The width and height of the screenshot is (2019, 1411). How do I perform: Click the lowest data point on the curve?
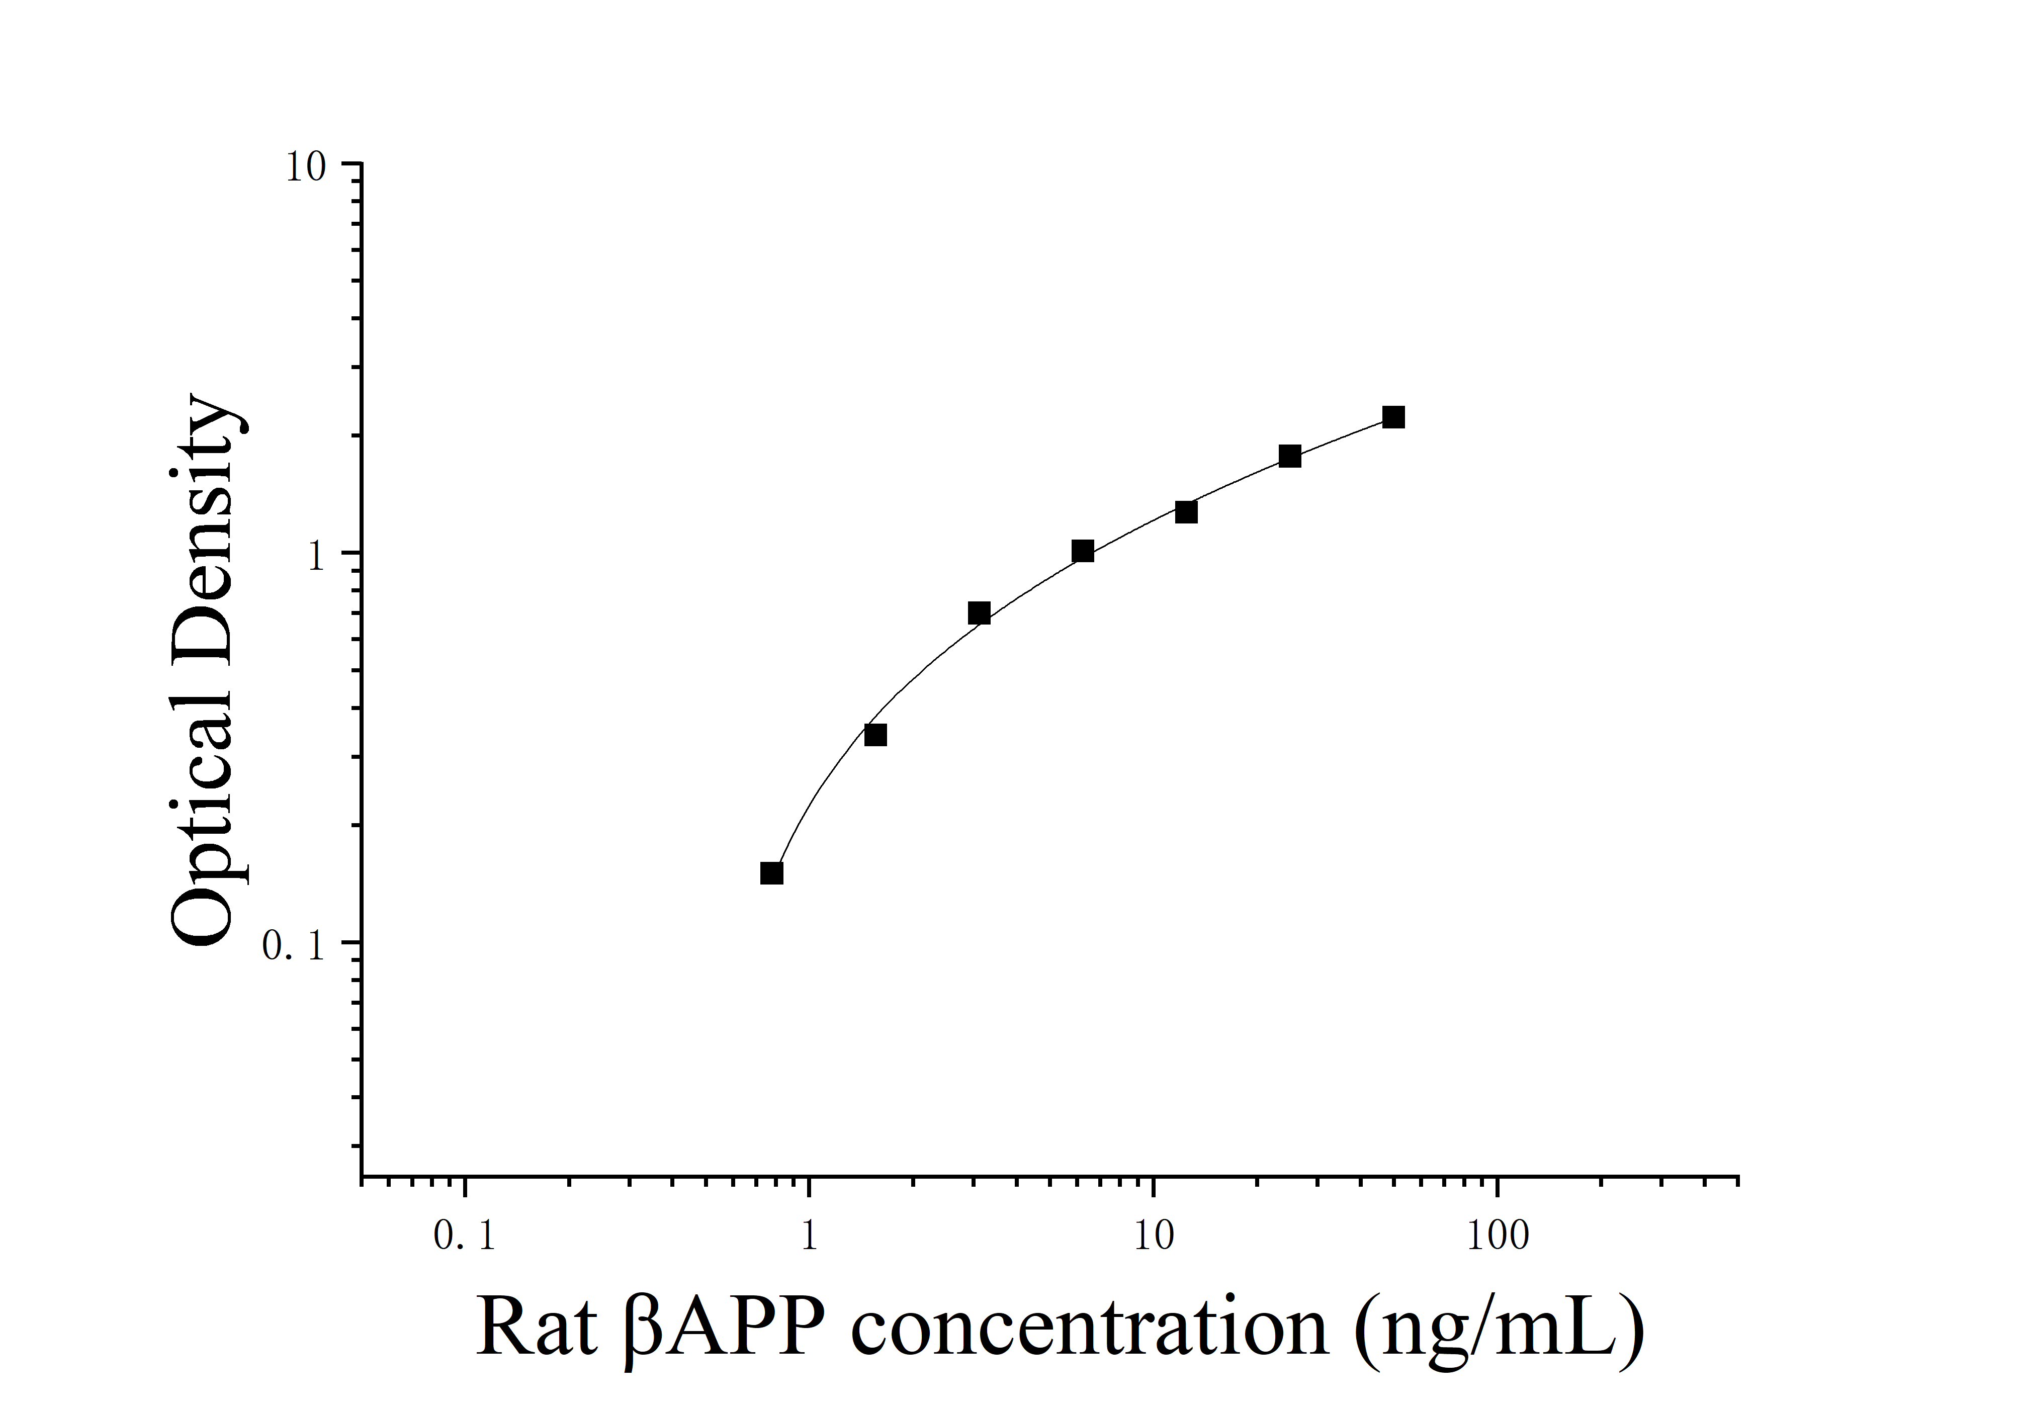point(771,873)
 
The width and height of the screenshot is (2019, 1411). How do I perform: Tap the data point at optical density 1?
point(1083,551)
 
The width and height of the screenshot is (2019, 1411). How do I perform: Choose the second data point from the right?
point(1289,456)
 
